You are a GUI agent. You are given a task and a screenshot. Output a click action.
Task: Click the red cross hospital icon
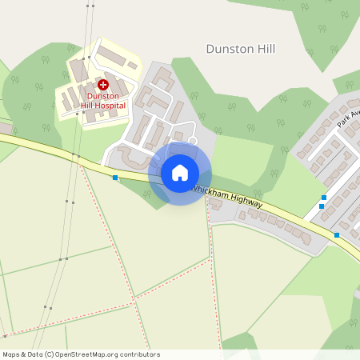(102, 84)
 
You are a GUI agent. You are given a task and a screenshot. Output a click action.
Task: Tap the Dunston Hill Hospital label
(102, 101)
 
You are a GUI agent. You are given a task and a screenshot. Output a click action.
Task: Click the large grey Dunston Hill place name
(240, 49)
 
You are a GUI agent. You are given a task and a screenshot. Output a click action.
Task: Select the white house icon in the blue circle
(180, 172)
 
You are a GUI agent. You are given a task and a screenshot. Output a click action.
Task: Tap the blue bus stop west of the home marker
(115, 178)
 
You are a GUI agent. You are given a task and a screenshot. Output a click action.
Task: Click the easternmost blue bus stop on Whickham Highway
(337, 235)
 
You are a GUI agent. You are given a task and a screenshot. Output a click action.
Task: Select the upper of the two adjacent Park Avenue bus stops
(324, 198)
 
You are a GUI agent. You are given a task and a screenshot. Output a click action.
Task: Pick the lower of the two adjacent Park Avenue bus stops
(322, 206)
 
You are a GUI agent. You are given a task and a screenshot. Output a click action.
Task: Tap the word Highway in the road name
(247, 204)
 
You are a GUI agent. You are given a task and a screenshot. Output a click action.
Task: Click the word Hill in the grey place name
(264, 49)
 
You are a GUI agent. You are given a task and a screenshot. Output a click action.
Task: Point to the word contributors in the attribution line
(140, 354)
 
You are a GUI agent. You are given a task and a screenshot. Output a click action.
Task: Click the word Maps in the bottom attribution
(11, 354)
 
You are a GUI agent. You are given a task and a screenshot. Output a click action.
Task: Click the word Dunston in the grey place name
(228, 49)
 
